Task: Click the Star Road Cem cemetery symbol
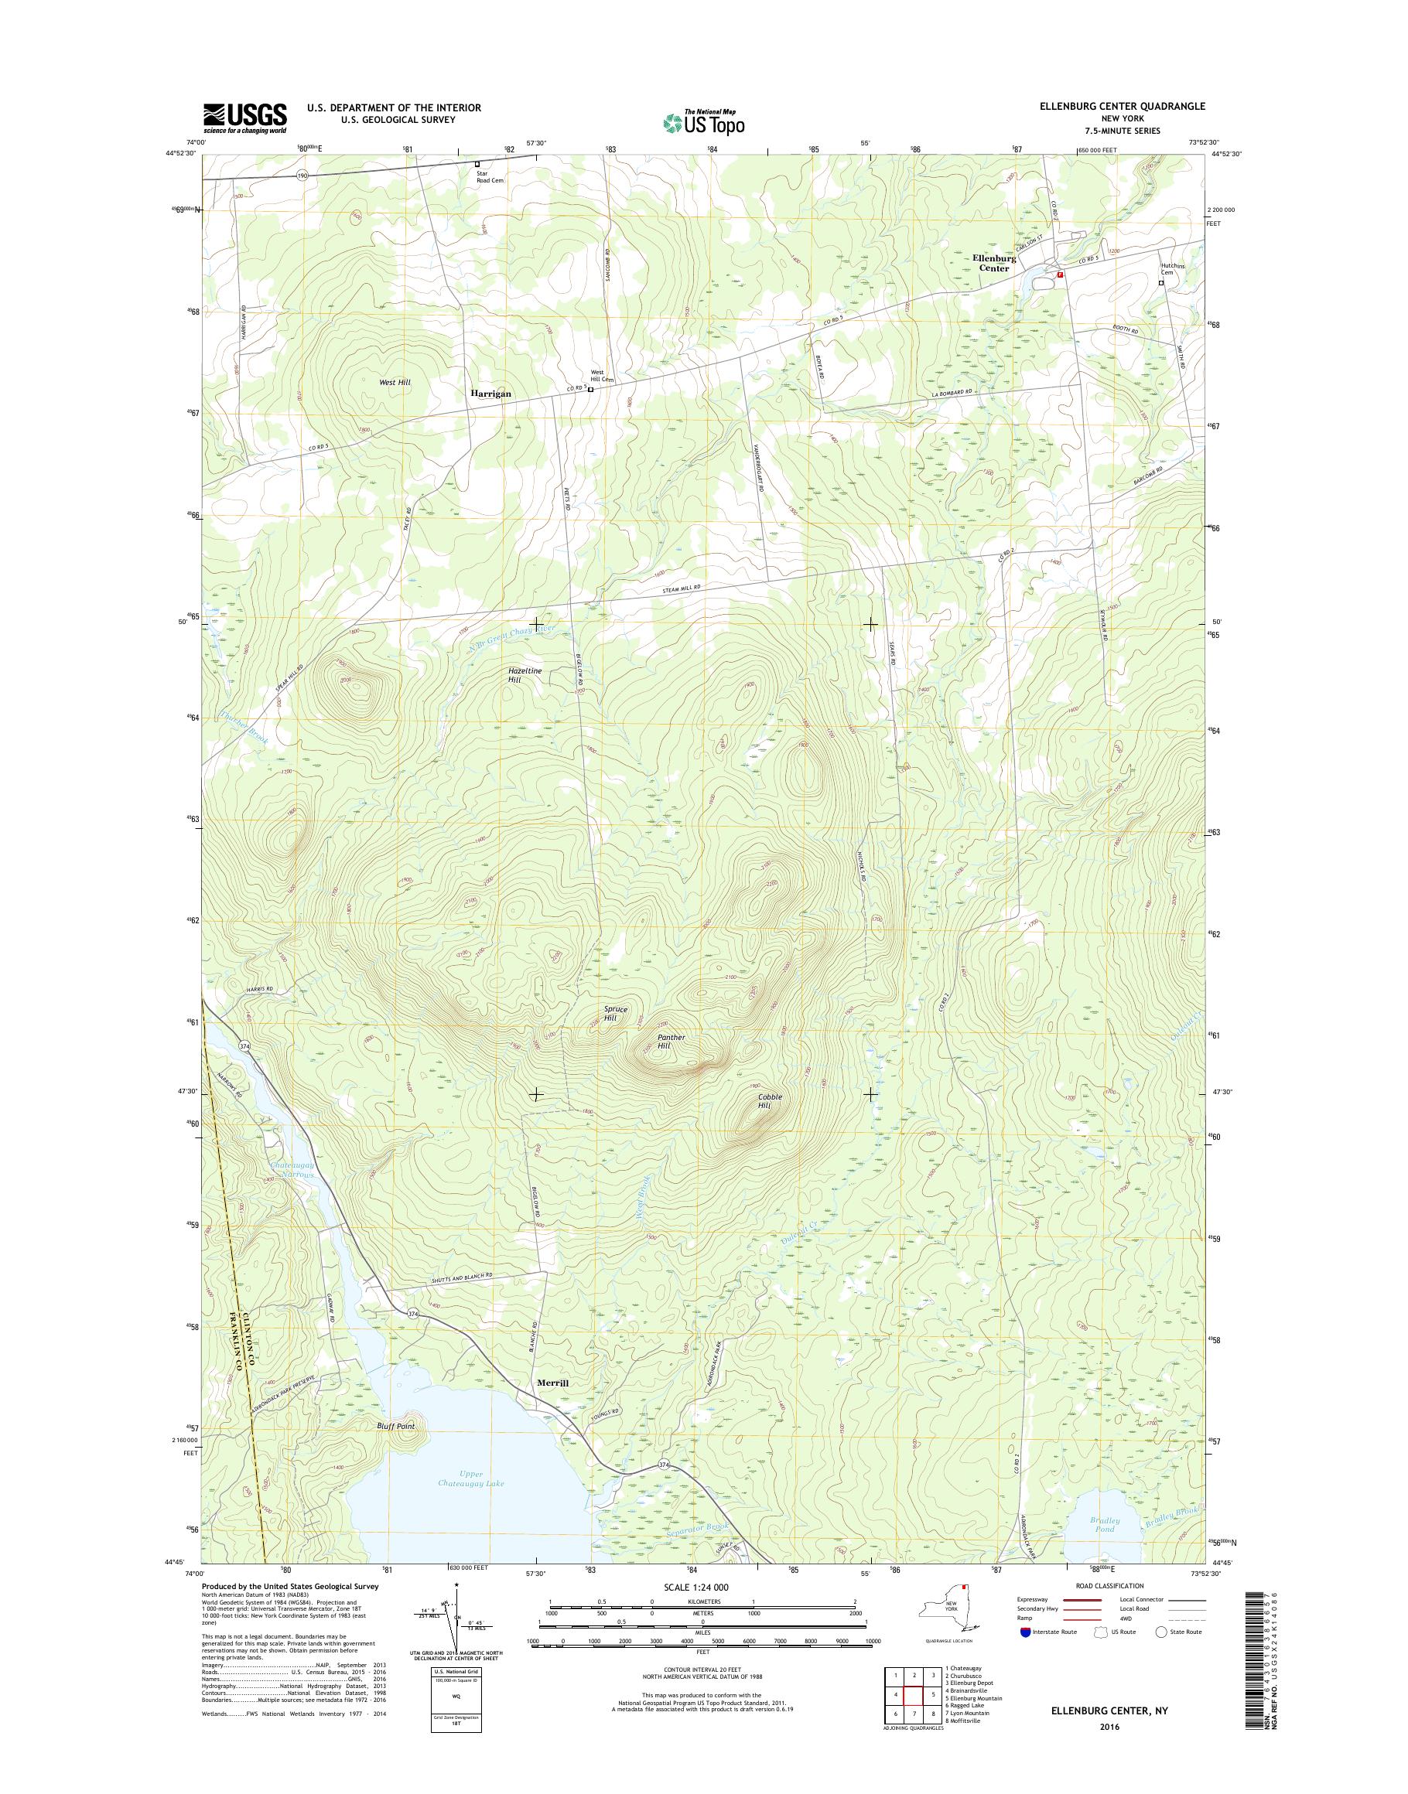coord(477,164)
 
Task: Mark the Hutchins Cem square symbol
coord(1161,283)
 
